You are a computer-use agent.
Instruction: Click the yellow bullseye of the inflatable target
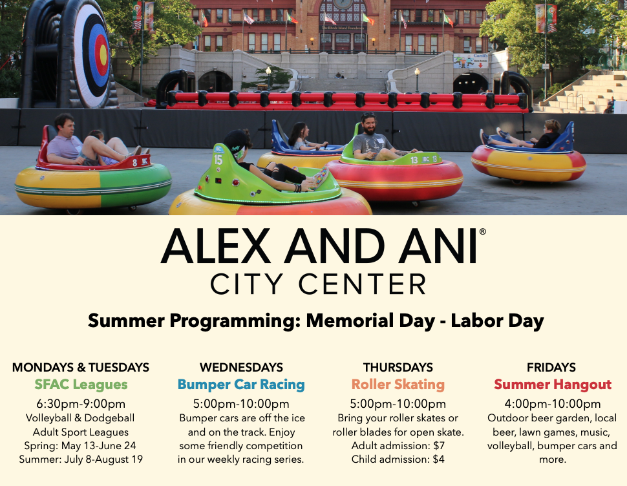point(103,54)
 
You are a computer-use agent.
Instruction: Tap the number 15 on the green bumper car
point(218,160)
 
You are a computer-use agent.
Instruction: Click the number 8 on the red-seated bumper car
point(134,163)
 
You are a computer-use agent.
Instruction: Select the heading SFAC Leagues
point(81,385)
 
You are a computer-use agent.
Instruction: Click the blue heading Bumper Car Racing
point(241,385)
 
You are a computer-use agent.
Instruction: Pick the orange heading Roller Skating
point(398,385)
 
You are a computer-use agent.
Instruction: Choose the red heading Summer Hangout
point(553,385)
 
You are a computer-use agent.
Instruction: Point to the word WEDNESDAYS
point(241,367)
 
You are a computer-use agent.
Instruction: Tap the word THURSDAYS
point(398,367)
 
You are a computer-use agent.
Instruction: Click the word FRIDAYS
point(551,367)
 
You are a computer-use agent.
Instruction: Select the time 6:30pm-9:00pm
point(81,404)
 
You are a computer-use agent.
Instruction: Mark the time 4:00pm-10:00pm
point(553,404)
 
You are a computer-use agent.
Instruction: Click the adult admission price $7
point(439,446)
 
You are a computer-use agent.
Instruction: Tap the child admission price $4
point(439,460)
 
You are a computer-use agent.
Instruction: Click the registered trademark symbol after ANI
point(482,231)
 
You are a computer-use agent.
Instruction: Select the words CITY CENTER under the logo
point(318,284)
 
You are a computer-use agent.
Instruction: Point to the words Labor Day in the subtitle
point(498,321)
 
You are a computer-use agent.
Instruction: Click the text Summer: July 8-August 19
point(81,460)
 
